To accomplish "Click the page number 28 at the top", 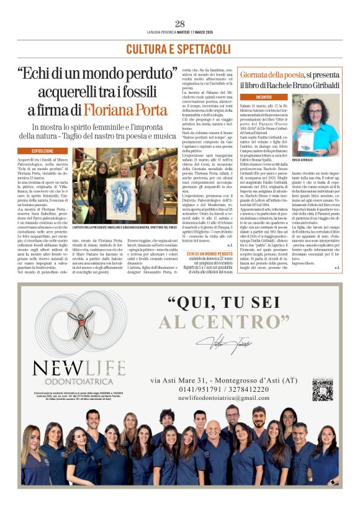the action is (x=179, y=24).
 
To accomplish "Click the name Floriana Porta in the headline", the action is (x=136, y=110).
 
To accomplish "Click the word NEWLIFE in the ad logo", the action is (x=79, y=367).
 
